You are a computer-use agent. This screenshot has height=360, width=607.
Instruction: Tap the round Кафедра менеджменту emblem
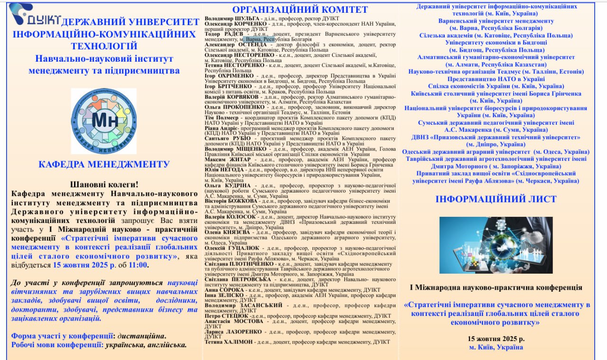coord(103,121)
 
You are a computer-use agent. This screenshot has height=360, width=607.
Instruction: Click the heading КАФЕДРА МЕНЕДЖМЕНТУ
coord(104,165)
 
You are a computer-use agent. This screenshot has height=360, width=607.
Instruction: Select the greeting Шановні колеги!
coord(104,184)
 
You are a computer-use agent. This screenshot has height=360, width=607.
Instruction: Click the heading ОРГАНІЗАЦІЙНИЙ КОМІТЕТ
coord(300,9)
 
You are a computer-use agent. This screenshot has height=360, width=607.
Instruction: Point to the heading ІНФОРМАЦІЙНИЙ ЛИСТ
coord(496,199)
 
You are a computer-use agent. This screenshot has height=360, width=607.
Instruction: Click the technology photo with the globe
coord(496,245)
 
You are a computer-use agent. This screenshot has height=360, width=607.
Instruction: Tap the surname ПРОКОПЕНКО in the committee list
coord(248,107)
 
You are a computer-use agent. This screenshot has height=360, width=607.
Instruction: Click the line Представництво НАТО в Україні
coord(496,79)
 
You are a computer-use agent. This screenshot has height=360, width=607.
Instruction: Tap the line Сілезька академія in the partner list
coord(496,35)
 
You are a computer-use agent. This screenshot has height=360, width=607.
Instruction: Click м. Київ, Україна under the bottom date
coord(496,347)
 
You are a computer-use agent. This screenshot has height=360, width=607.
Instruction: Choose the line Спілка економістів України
coord(496,86)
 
